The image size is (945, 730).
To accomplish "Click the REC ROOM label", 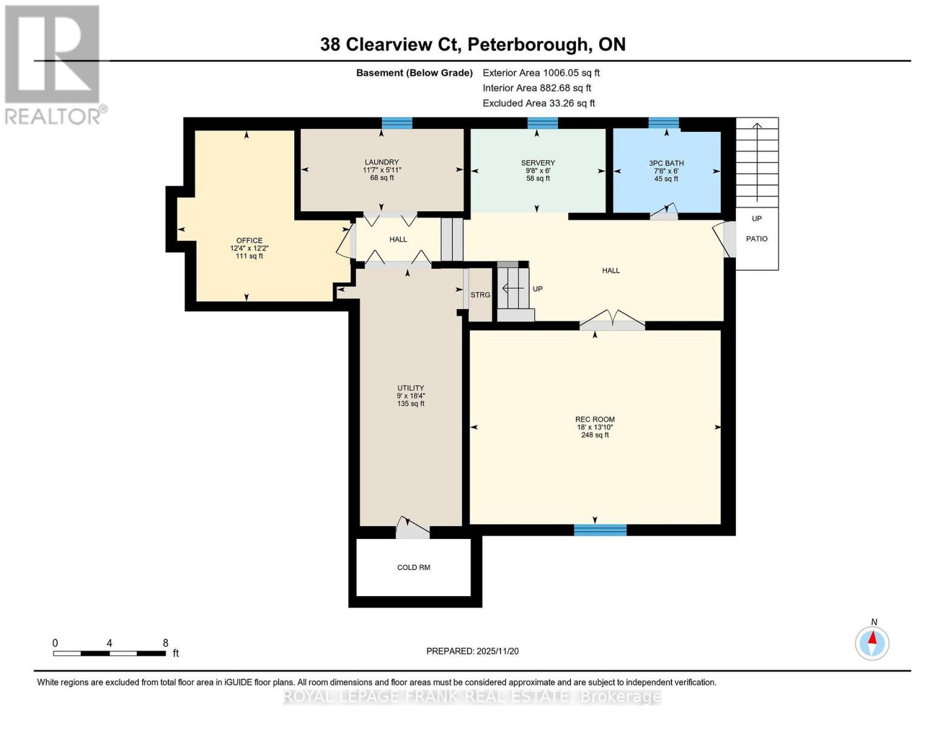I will pos(595,419).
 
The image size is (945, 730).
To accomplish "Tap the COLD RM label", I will pos(414,568).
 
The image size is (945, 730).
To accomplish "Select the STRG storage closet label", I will pos(480,295).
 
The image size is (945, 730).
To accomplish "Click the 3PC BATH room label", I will pos(666,163).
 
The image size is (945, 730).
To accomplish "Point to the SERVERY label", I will pos(538,163).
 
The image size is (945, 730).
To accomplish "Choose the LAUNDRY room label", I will pos(381,162).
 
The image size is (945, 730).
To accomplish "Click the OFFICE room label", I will pos(249,241).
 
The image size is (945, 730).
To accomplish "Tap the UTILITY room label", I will pos(410,388).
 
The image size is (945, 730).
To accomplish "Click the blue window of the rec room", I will pos(600,530).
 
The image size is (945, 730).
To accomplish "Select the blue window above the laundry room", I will pos(396,123).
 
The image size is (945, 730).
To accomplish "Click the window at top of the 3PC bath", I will pos(663,123).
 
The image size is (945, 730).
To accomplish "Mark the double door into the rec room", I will pos(612,321).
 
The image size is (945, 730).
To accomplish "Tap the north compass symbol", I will pos(873,642).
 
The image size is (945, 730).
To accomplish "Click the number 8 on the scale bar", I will pos(165,643).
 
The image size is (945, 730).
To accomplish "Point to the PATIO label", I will pos(756,239).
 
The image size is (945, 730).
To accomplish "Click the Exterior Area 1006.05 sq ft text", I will pos(541,73).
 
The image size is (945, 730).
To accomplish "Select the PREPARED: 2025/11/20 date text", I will pos(472,652).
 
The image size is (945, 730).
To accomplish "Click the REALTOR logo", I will pos(54,64).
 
